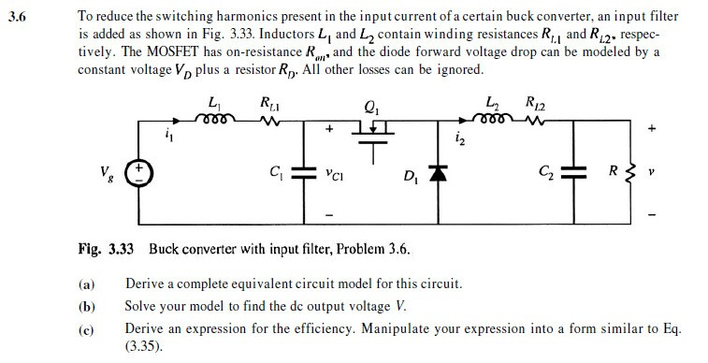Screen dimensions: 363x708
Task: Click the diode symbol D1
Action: pos(434,175)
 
